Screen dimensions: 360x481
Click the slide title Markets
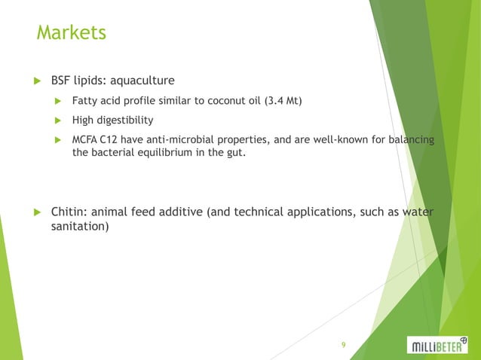point(72,34)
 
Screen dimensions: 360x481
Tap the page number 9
point(343,345)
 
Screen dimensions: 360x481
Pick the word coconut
point(223,100)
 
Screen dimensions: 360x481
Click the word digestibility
point(126,120)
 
